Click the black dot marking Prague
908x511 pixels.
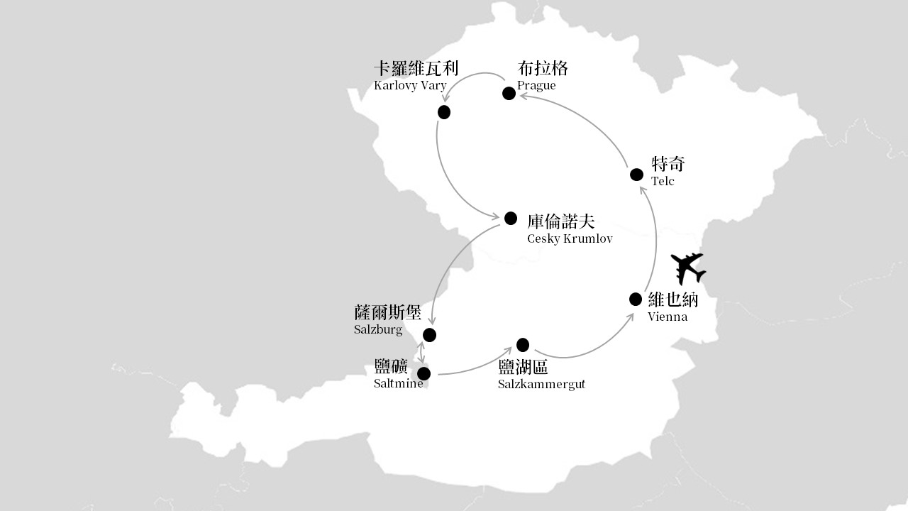(509, 93)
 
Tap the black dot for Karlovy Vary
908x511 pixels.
(444, 112)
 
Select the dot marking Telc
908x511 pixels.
(636, 175)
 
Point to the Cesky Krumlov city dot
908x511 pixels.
(510, 218)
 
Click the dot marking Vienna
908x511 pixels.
(635, 300)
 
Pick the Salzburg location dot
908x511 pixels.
(429, 335)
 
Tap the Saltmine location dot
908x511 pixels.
(423, 373)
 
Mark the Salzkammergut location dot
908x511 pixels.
(523, 345)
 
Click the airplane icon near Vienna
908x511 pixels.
(688, 268)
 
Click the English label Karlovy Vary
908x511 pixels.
(410, 86)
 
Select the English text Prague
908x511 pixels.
(536, 86)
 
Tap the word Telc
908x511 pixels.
(663, 181)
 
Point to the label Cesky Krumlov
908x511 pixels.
(570, 238)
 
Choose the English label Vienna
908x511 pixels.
(668, 317)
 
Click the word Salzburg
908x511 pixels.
(378, 329)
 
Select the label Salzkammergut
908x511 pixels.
(541, 384)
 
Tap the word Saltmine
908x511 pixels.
(399, 383)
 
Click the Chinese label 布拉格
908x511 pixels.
(543, 69)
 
